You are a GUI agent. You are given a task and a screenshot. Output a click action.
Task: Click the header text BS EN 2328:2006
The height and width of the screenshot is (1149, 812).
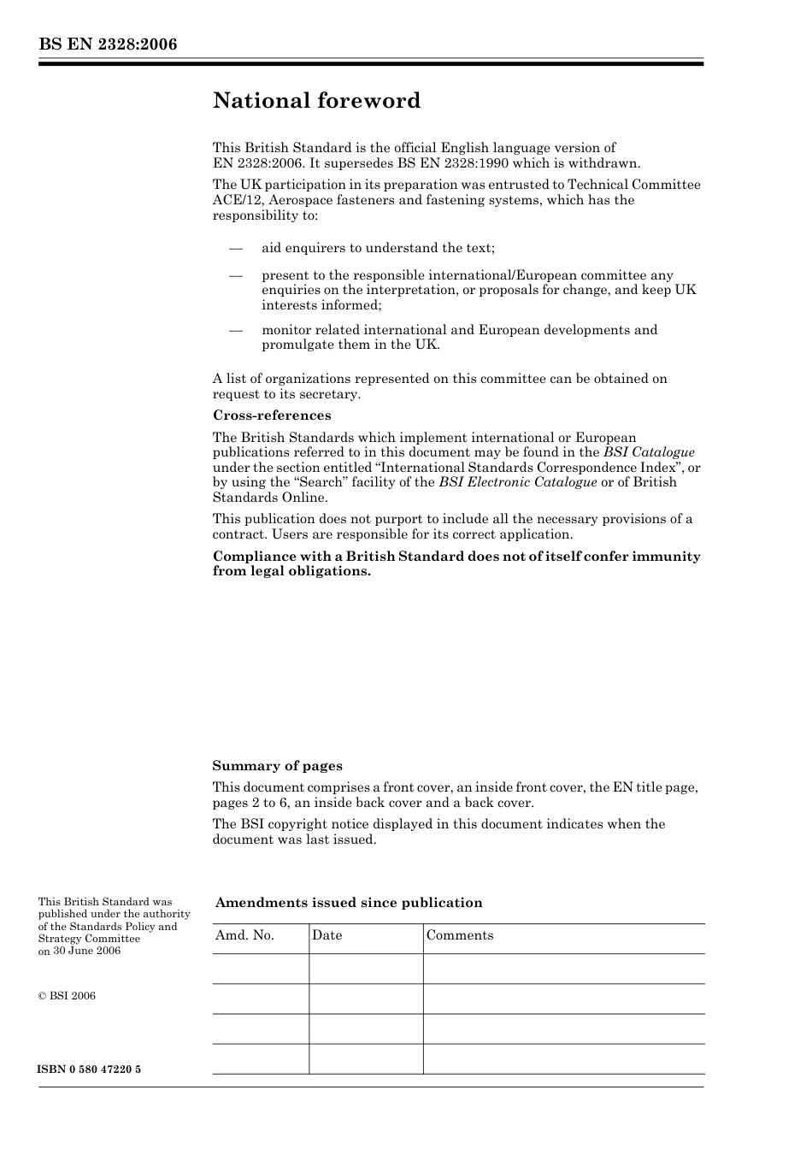coord(108,44)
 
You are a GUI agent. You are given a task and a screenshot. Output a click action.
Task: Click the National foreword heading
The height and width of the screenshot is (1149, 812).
coord(316,101)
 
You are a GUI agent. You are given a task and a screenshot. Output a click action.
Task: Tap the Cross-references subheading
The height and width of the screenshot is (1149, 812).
coord(272,415)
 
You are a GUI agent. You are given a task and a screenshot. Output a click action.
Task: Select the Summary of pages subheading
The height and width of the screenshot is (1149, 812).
coord(277,766)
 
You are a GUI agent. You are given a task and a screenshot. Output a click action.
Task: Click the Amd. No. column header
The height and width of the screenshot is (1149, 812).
coord(244,935)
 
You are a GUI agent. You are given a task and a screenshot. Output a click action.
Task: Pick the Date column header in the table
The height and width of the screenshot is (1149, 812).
coord(327,935)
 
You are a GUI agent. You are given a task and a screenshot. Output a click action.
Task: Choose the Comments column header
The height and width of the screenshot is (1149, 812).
coord(459,935)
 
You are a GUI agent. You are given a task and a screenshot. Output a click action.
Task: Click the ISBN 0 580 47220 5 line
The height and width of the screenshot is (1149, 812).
coord(90,1069)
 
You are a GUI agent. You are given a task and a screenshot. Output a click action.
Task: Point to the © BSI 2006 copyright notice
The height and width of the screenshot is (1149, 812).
coord(67,995)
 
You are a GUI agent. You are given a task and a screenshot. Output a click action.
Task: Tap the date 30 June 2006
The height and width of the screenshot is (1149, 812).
coord(86,951)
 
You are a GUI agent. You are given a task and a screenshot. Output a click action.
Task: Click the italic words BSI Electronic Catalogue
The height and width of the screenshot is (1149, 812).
coord(518,482)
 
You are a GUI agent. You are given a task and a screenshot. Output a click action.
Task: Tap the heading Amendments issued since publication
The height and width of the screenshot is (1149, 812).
coord(349,903)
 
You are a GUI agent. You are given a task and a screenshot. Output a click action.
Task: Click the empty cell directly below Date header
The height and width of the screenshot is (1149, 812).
coord(366,969)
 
